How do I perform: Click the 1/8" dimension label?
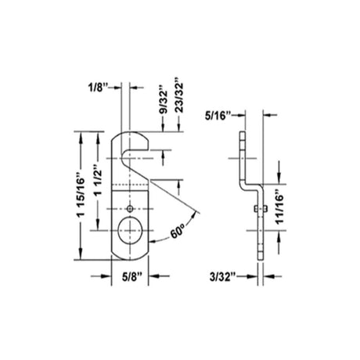[x=98, y=88]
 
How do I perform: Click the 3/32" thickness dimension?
[x=220, y=276]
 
